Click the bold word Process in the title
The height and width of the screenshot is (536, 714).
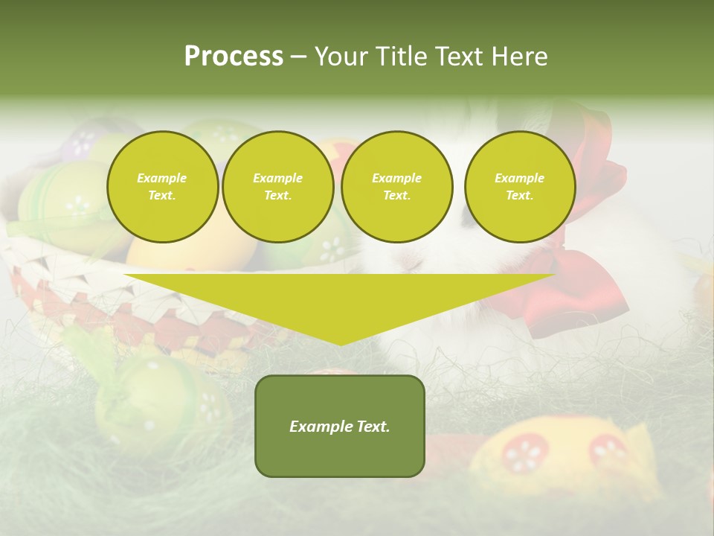click(234, 57)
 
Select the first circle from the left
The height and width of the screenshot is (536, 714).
click(162, 187)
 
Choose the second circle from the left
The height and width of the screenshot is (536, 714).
click(277, 187)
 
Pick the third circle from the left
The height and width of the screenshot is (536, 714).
click(396, 187)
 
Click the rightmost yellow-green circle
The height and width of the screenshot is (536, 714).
click(519, 187)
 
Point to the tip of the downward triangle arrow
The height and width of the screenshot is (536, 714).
click(340, 343)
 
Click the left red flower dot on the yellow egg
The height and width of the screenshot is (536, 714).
click(525, 453)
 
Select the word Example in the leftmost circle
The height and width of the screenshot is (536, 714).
click(162, 178)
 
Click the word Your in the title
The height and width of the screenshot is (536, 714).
click(343, 57)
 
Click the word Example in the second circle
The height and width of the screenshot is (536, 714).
click(277, 178)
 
